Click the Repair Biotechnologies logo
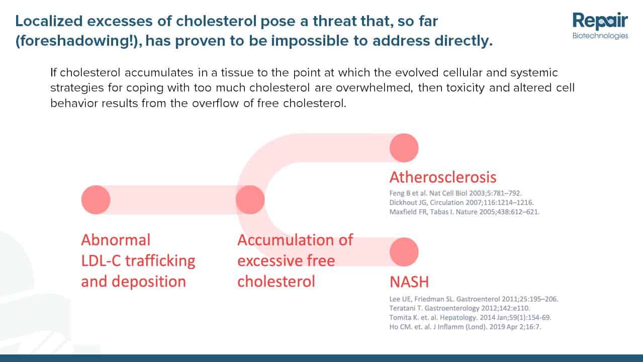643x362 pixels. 600,26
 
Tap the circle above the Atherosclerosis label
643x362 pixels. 404,148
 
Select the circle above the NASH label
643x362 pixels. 404,252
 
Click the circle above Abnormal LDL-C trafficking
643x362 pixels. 96,200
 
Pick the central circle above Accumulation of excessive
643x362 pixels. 250,200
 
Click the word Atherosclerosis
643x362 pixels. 443,177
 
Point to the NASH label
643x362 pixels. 409,282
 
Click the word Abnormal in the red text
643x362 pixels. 116,240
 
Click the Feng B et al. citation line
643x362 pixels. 455,193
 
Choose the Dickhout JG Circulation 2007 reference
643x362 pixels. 462,203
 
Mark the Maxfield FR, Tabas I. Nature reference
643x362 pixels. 465,212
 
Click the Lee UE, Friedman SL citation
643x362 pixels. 474,299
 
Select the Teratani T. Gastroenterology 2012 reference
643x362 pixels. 460,308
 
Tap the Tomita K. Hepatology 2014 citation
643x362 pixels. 470,317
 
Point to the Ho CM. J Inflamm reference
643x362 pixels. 466,327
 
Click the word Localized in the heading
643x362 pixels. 49,21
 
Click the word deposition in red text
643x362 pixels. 149,282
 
